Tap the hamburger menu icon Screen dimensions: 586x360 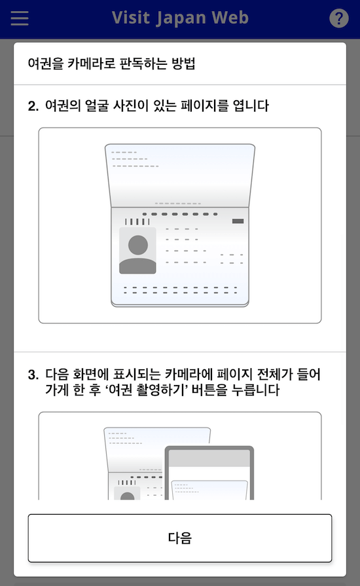click(x=20, y=18)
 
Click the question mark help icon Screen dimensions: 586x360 click(x=338, y=18)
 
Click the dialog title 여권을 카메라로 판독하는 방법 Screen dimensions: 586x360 click(x=112, y=64)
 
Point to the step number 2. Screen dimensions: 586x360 click(x=33, y=105)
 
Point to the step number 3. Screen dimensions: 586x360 click(x=33, y=375)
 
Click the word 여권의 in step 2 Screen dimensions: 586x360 click(x=60, y=105)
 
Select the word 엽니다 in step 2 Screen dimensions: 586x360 click(x=251, y=105)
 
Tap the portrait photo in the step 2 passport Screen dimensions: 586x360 click(x=138, y=251)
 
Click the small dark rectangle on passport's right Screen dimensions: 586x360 click(x=238, y=221)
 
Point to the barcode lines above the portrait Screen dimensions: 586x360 click(x=133, y=221)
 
